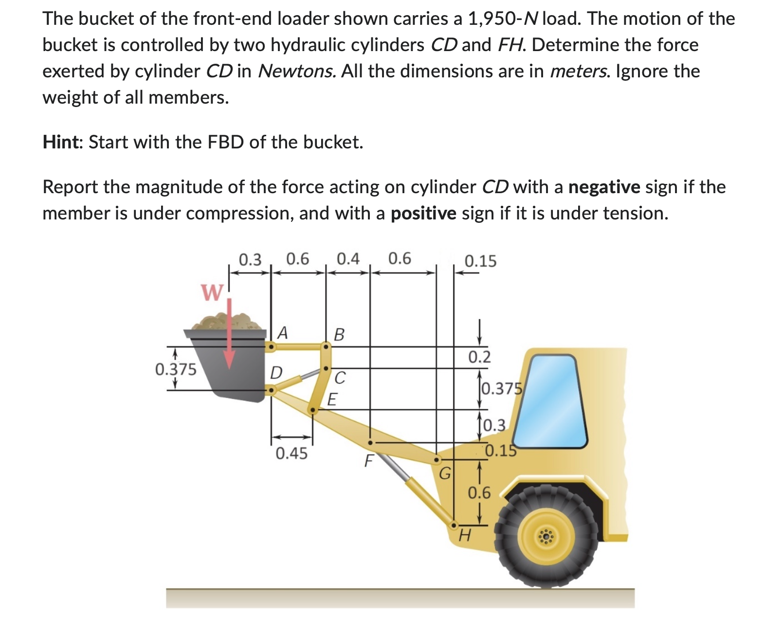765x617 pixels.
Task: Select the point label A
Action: click(282, 333)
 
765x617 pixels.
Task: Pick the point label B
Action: click(339, 335)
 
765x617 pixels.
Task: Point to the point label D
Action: click(276, 373)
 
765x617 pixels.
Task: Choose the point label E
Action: click(332, 399)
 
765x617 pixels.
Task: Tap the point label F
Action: click(369, 460)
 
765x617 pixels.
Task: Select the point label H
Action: click(465, 536)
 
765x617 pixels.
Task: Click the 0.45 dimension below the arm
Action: click(291, 454)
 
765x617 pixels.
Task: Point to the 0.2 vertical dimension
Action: click(479, 357)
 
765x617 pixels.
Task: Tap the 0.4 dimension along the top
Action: click(348, 259)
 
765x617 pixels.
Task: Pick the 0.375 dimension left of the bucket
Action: click(176, 369)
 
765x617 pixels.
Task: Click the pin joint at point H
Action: click(454, 525)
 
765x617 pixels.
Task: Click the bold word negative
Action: click(604, 187)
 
